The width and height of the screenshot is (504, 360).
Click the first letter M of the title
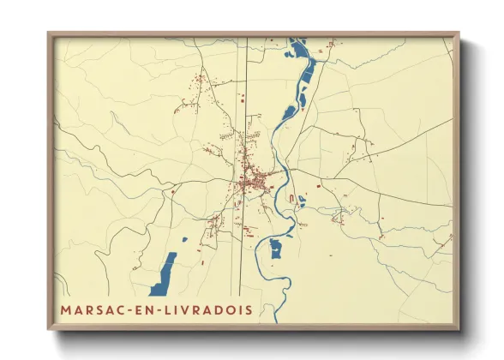(x=66, y=310)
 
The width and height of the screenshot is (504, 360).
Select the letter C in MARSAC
(x=123, y=310)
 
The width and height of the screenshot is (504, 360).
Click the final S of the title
(x=249, y=310)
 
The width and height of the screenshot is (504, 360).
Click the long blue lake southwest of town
(x=163, y=273)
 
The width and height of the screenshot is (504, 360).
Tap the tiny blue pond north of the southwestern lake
(x=184, y=237)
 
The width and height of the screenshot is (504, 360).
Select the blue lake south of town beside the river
(x=276, y=249)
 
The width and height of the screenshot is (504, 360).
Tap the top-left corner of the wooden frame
(x=50, y=35)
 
